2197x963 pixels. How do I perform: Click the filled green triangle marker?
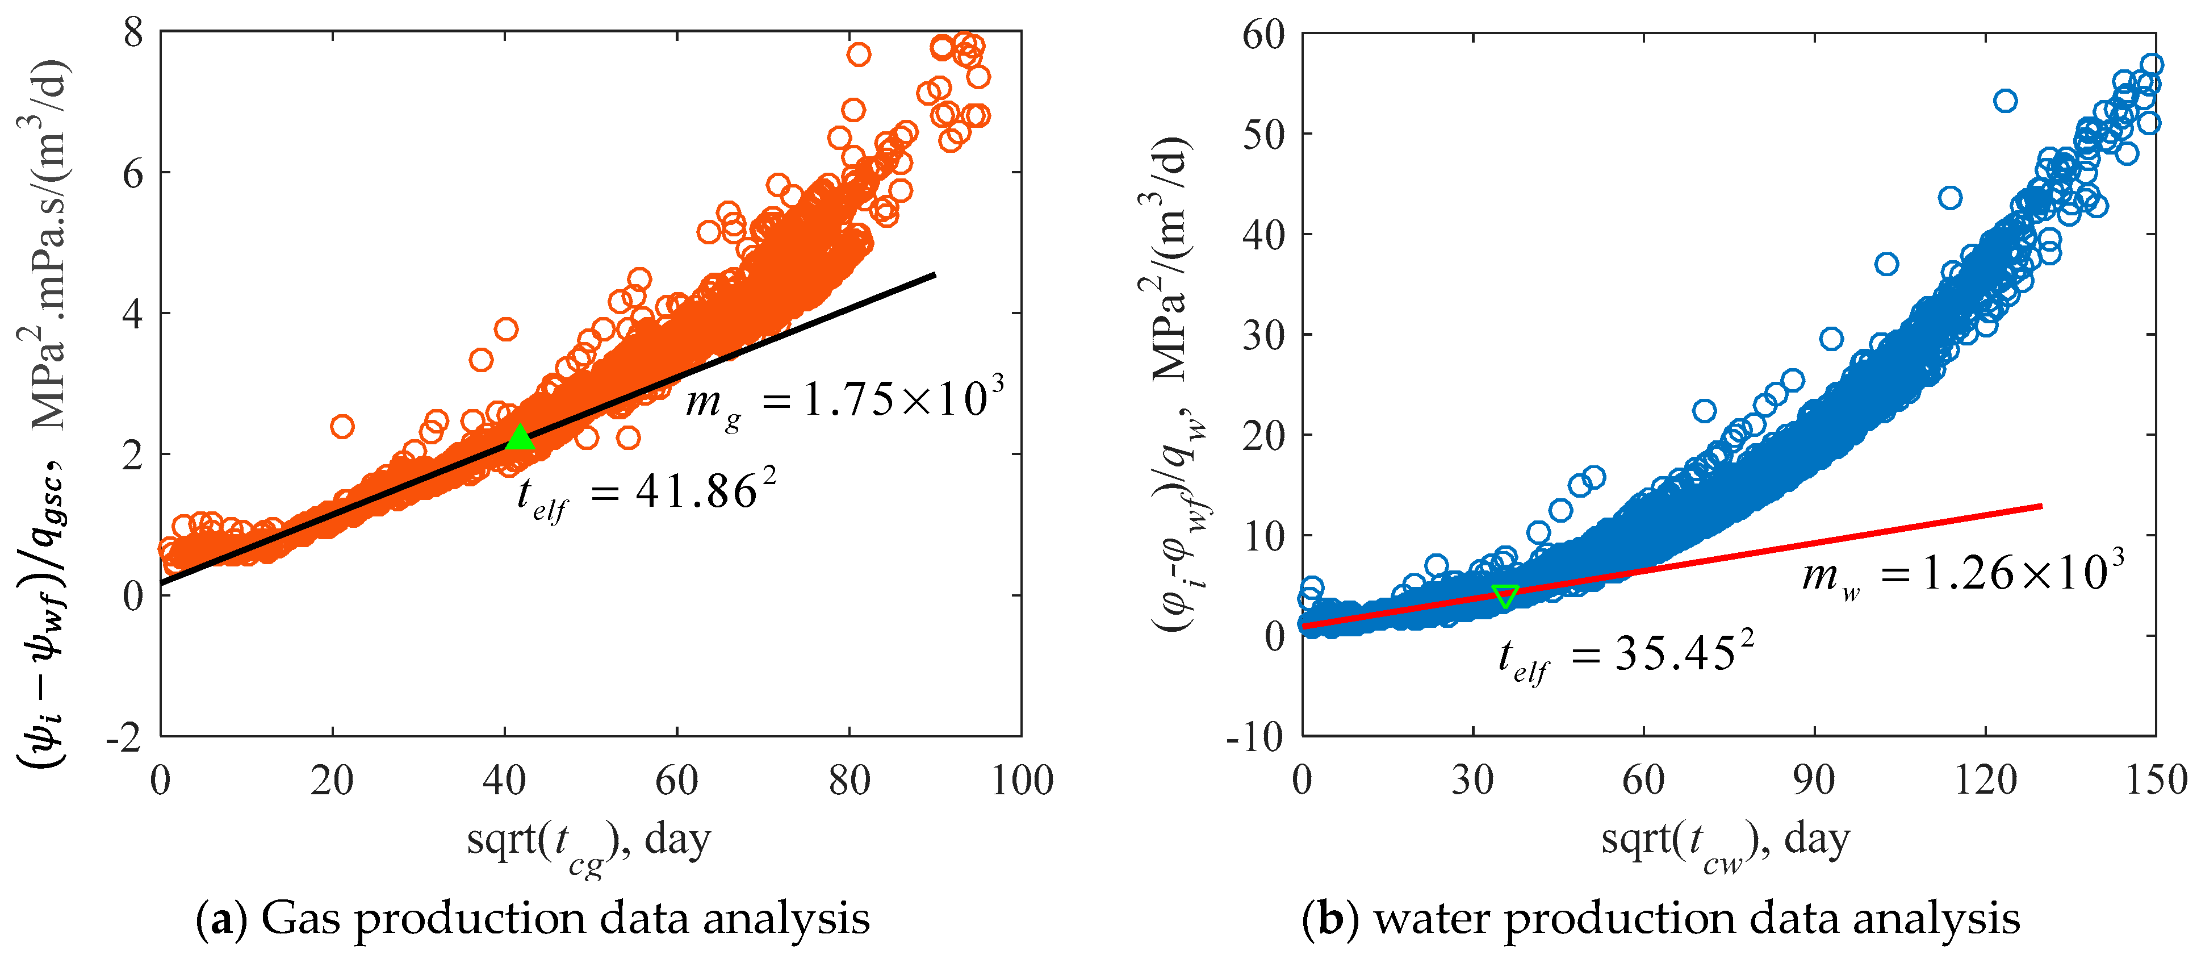coord(520,439)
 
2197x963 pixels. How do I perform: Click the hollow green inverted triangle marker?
coord(1505,595)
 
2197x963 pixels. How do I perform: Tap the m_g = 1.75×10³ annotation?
coord(844,399)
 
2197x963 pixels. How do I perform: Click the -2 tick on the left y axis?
coord(124,737)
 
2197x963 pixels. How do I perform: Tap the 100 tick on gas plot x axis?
coord(1021,781)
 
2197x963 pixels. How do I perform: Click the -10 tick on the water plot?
coord(1254,737)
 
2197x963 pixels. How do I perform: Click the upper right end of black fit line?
coord(935,274)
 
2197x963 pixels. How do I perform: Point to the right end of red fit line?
coord(2041,506)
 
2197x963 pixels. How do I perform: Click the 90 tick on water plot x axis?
coord(1814,781)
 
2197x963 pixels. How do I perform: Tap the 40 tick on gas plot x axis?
coord(505,781)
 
